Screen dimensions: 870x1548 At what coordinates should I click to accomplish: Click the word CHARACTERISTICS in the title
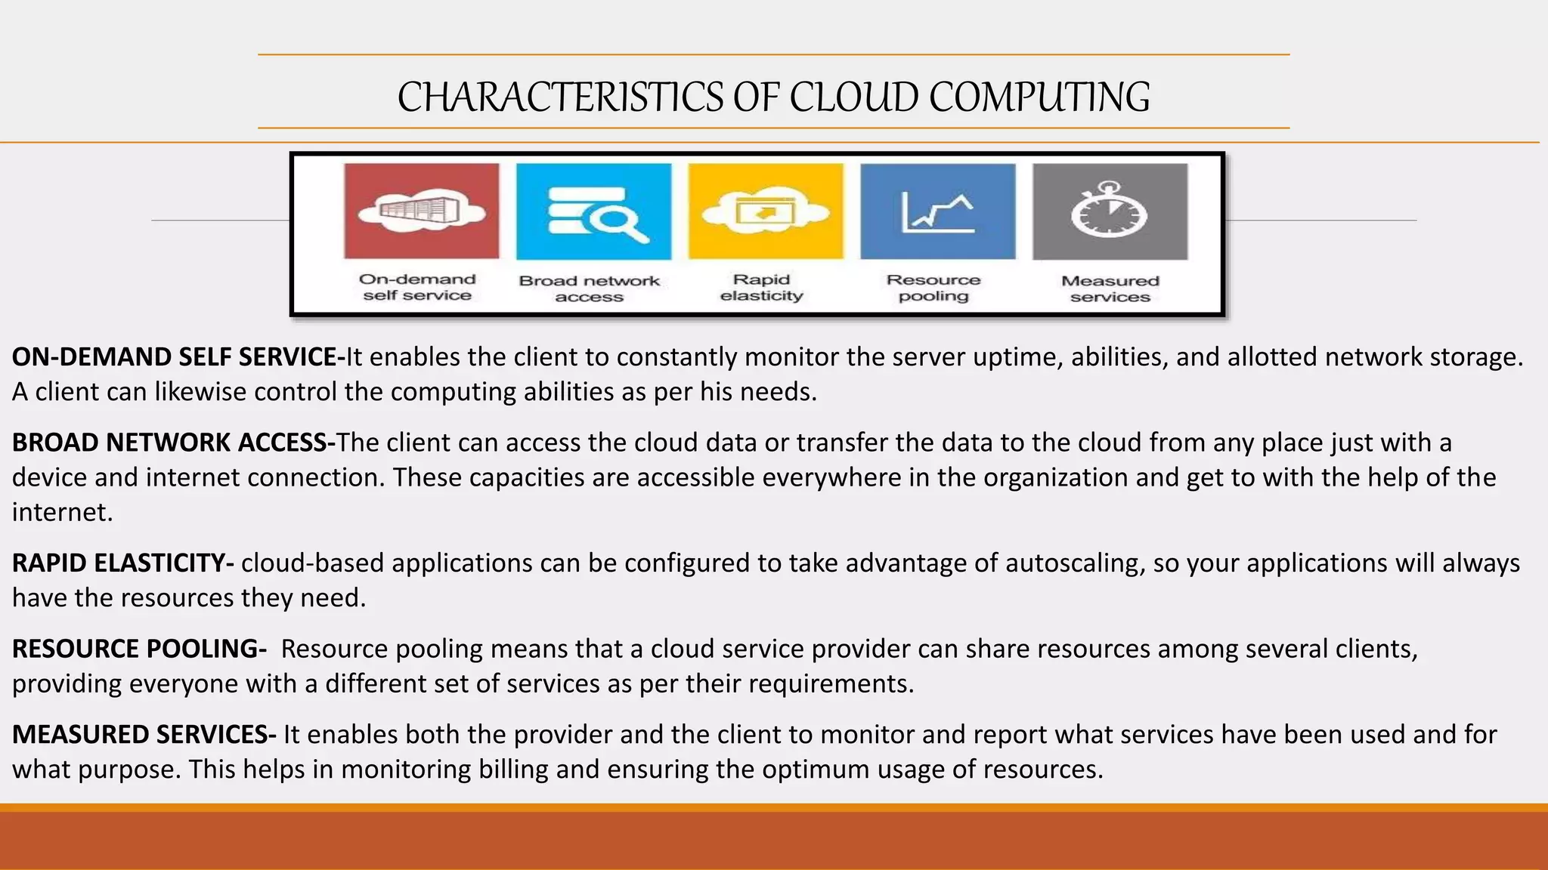tap(560, 97)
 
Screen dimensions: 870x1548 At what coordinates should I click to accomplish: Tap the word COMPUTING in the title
tap(1039, 97)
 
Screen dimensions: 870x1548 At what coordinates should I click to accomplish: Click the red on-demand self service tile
tap(421, 211)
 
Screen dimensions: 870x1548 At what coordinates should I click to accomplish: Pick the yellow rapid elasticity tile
tap(765, 211)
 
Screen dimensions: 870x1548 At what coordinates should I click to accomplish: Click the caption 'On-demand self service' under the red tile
tap(417, 288)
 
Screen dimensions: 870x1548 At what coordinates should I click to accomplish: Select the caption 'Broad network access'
tap(590, 288)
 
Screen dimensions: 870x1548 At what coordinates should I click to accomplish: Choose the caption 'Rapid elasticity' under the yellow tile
tap(762, 288)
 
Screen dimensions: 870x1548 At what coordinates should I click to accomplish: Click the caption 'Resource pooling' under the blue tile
tap(933, 288)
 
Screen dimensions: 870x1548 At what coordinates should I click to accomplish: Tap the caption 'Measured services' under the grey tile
tap(1110, 288)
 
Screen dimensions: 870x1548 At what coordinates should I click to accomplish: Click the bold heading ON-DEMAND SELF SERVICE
tap(178, 357)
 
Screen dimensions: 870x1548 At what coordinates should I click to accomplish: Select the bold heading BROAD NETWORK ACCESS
tap(173, 443)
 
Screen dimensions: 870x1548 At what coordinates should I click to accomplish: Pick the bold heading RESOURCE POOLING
tap(139, 649)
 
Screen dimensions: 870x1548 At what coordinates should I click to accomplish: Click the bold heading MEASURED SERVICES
tap(144, 735)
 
